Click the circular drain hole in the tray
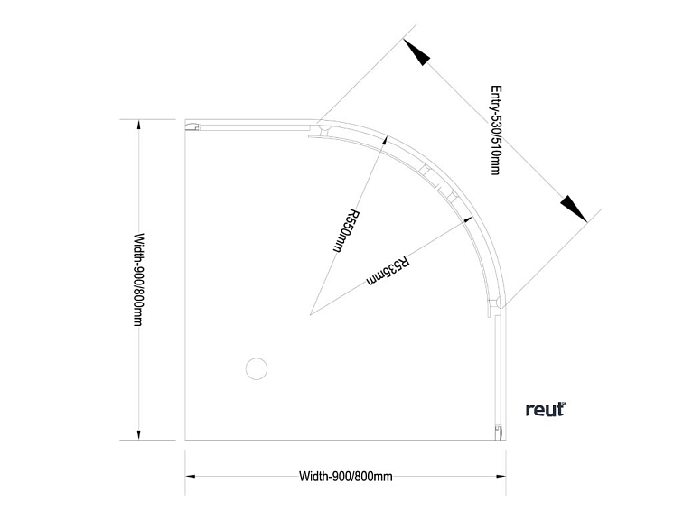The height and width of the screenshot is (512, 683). click(x=257, y=368)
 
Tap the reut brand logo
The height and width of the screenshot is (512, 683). click(x=545, y=409)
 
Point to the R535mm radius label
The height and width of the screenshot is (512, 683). click(x=389, y=272)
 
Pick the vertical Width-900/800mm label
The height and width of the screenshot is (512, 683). click(x=138, y=280)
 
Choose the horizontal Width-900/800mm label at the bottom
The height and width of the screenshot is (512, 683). click(x=345, y=477)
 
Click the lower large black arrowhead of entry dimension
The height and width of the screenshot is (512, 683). click(x=573, y=206)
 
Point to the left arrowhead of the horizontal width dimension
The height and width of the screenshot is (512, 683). click(x=192, y=477)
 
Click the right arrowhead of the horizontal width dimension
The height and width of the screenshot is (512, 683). click(x=500, y=477)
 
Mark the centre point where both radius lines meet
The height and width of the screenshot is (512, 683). click(x=310, y=314)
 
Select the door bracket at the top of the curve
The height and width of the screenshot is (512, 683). click(x=322, y=133)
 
